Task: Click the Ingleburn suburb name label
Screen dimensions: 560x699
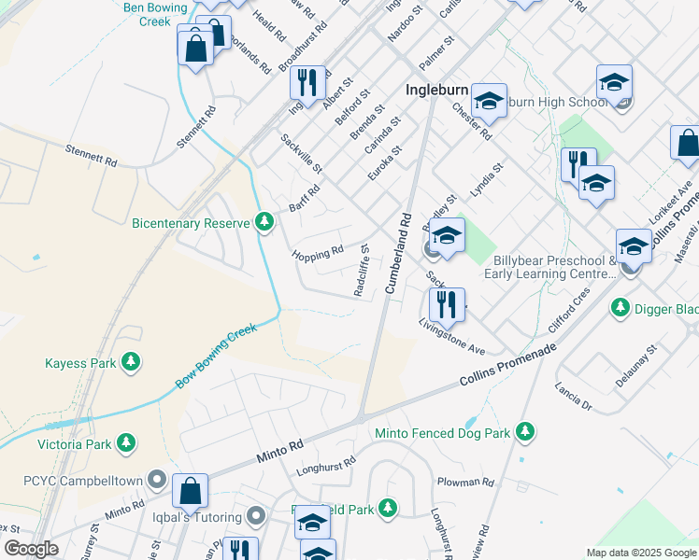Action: pos(438,91)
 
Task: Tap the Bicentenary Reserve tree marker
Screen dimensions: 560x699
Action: pos(265,221)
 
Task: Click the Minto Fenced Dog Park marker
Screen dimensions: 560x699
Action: pos(526,432)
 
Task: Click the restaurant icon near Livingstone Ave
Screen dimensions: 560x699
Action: pos(447,303)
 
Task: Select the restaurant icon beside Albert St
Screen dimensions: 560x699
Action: pos(306,82)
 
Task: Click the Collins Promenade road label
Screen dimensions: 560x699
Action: pos(507,367)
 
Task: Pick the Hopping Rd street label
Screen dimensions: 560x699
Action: pos(318,252)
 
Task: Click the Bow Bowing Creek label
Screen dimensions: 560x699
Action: pos(215,357)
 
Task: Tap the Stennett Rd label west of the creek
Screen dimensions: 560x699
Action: pos(92,156)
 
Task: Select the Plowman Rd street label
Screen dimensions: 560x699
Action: pos(465,482)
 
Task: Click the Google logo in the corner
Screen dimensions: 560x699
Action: pos(31,550)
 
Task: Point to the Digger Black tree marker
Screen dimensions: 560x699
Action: pos(619,306)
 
